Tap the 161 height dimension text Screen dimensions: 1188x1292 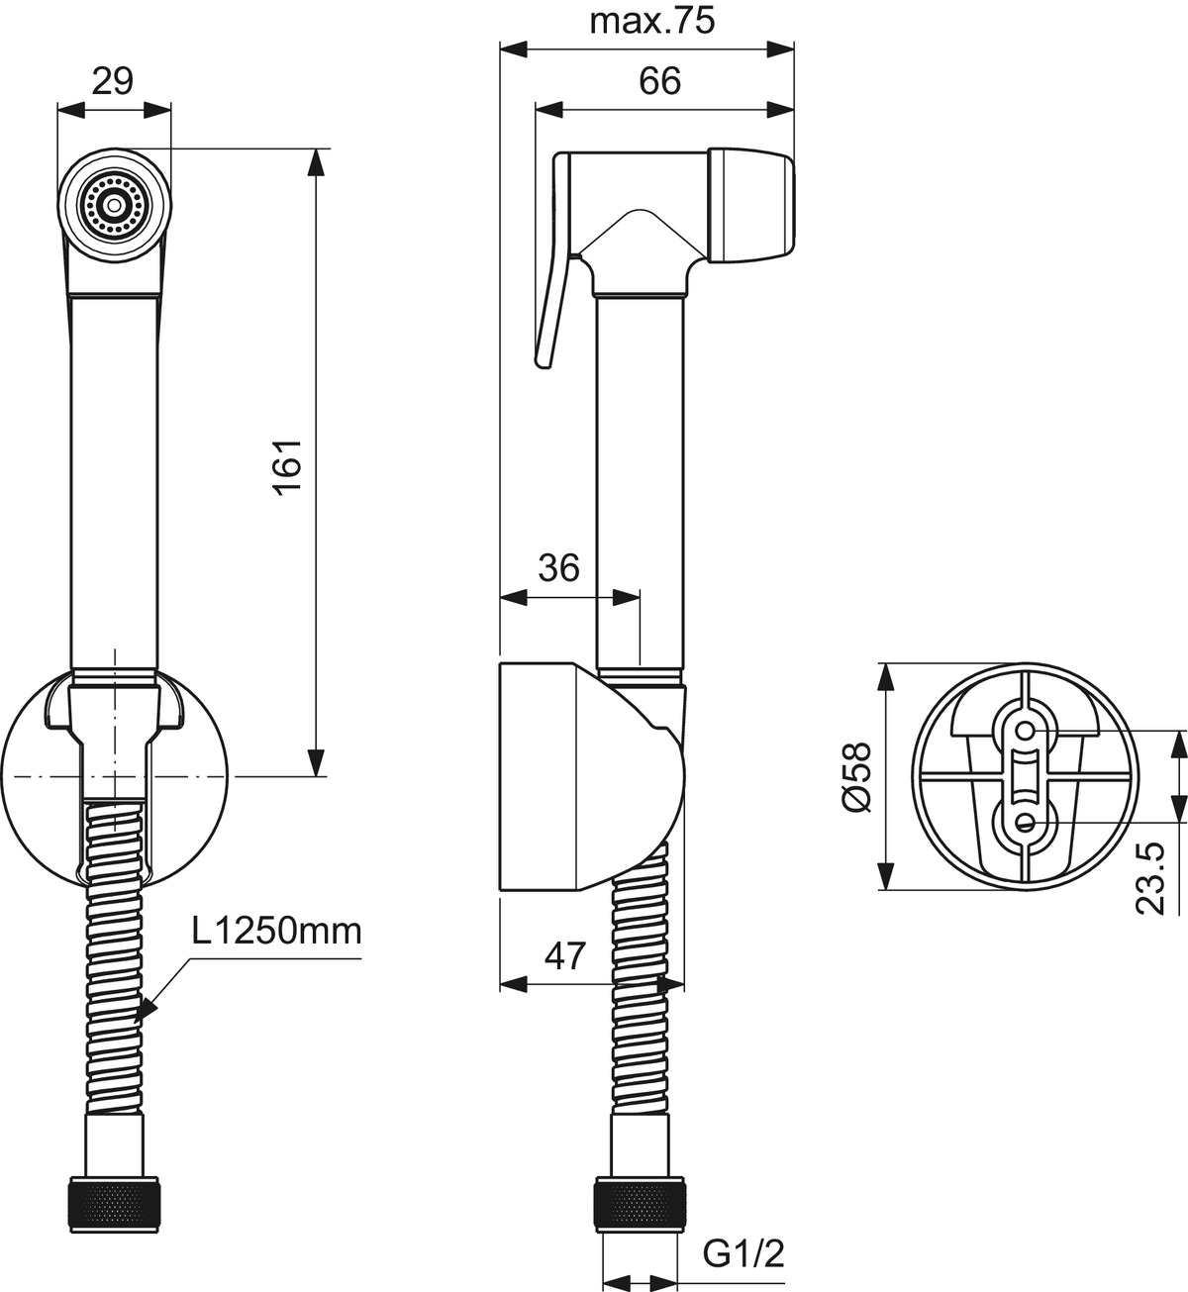click(288, 467)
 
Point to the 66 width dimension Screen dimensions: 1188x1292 click(659, 81)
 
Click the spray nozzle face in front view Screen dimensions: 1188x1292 click(115, 206)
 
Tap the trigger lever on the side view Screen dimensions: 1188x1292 click(553, 257)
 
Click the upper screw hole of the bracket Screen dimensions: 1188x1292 click(1027, 731)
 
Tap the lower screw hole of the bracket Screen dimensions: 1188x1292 click(1027, 822)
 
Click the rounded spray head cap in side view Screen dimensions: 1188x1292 click(750, 206)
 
